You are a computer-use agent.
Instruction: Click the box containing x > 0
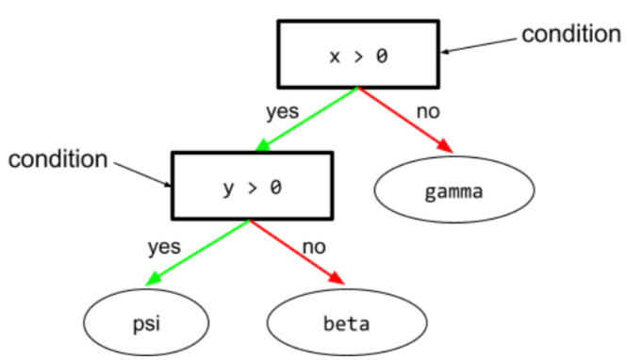click(x=357, y=54)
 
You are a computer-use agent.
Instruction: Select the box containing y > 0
click(x=252, y=186)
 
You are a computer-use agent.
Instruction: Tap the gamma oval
click(x=454, y=192)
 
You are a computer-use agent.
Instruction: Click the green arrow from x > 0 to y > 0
click(x=307, y=119)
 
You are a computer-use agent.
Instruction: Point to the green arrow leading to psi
click(x=199, y=252)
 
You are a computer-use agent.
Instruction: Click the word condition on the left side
click(x=58, y=159)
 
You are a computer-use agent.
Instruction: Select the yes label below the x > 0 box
click(x=282, y=111)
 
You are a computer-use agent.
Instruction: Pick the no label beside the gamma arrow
click(x=428, y=111)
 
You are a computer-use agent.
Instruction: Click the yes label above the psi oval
click(x=164, y=248)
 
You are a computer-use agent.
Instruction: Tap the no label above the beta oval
click(x=314, y=248)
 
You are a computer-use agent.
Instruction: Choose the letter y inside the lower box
click(x=227, y=188)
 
